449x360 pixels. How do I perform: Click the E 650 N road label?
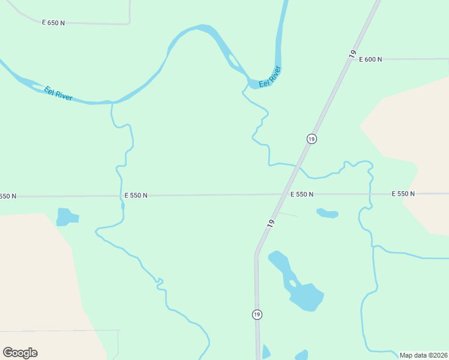click(53, 22)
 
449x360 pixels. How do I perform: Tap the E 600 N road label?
click(370, 59)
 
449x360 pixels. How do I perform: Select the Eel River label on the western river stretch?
click(58, 94)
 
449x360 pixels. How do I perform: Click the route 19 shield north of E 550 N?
click(311, 139)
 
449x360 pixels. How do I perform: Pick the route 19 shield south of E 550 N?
click(257, 314)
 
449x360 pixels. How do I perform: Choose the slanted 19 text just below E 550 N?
click(271, 223)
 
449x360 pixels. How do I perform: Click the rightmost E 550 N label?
click(403, 194)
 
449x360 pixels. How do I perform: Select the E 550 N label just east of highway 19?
click(302, 194)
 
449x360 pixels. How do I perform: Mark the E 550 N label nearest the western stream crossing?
click(136, 195)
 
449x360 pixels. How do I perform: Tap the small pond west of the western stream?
click(65, 217)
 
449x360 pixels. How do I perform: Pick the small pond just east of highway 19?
click(328, 213)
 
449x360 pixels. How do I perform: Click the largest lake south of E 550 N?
click(306, 295)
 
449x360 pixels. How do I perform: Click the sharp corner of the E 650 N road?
click(129, 23)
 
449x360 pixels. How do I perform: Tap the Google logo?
click(20, 353)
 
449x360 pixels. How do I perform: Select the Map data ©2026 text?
click(423, 355)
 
